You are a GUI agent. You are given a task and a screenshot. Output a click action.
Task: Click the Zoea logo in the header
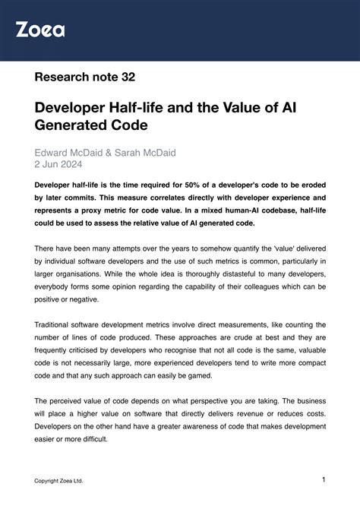[x=40, y=30]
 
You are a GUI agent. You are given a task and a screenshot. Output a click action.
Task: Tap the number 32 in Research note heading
[x=128, y=77]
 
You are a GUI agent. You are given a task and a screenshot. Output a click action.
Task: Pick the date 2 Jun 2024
[x=59, y=164]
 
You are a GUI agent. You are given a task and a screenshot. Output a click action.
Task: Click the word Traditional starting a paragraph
[x=58, y=324]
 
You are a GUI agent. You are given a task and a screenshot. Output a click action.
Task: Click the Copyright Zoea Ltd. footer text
[x=59, y=481]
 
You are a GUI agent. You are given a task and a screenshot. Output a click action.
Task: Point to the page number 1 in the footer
[x=324, y=480]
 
